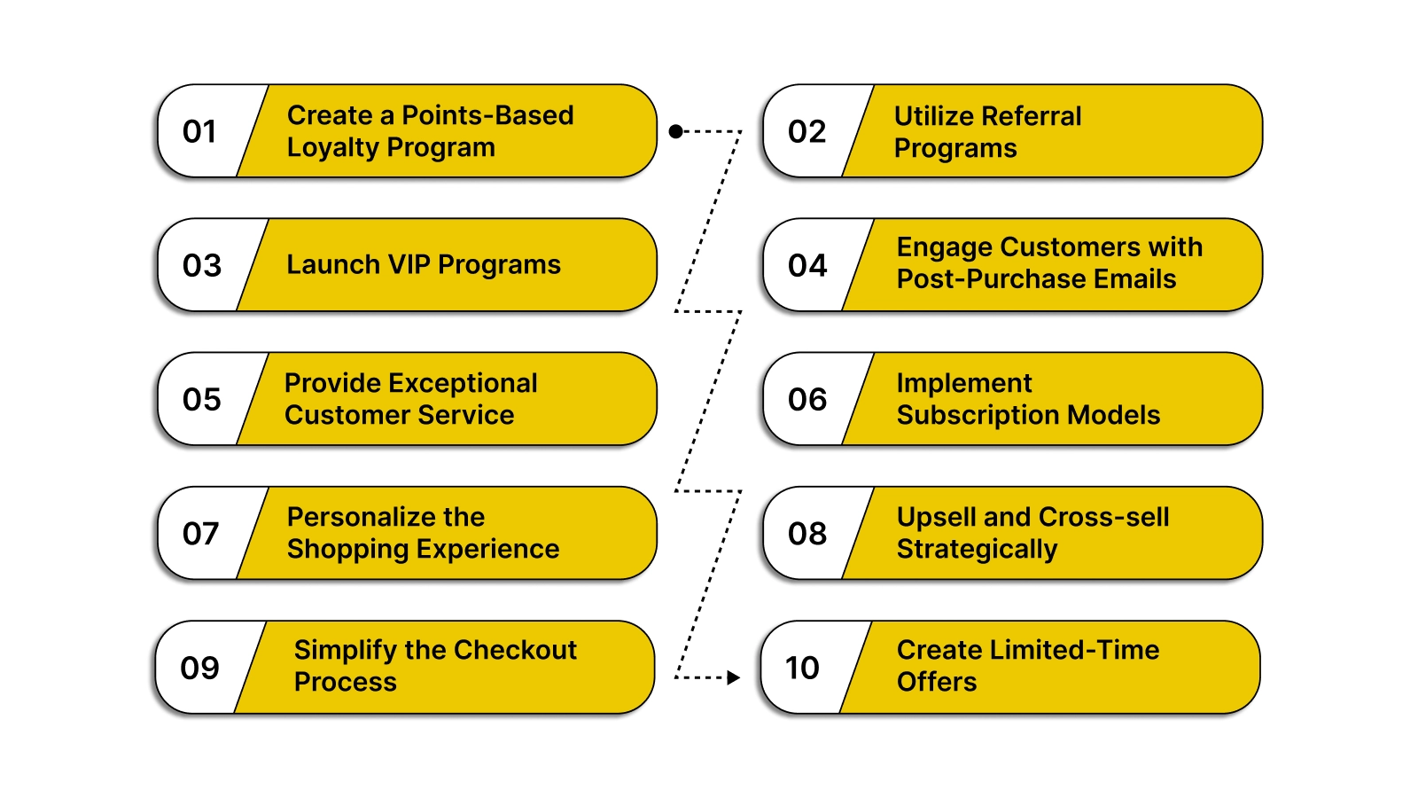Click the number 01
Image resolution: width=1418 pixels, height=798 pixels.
[199, 131]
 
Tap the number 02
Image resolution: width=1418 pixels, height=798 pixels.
[806, 131]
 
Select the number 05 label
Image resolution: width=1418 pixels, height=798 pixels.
[201, 399]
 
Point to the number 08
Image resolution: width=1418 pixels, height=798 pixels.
[806, 533]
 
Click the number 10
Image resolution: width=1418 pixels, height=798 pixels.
[802, 668]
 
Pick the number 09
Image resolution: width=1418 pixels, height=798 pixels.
[199, 668]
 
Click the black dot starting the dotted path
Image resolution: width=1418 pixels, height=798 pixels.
[675, 131]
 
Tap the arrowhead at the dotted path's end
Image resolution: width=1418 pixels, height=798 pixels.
[733, 677]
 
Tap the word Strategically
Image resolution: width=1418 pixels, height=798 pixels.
[977, 550]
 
